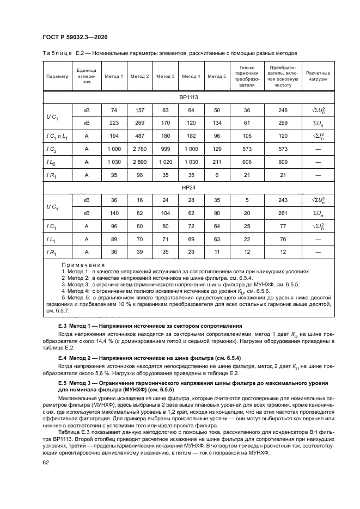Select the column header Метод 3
click(x=166, y=76)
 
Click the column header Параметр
click(x=57, y=76)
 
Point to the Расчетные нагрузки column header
click(x=318, y=76)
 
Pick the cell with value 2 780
click(x=140, y=149)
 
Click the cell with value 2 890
click(x=140, y=162)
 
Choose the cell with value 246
click(x=283, y=111)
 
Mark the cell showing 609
click(x=283, y=162)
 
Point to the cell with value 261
click(x=283, y=213)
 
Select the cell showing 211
click(x=217, y=162)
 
